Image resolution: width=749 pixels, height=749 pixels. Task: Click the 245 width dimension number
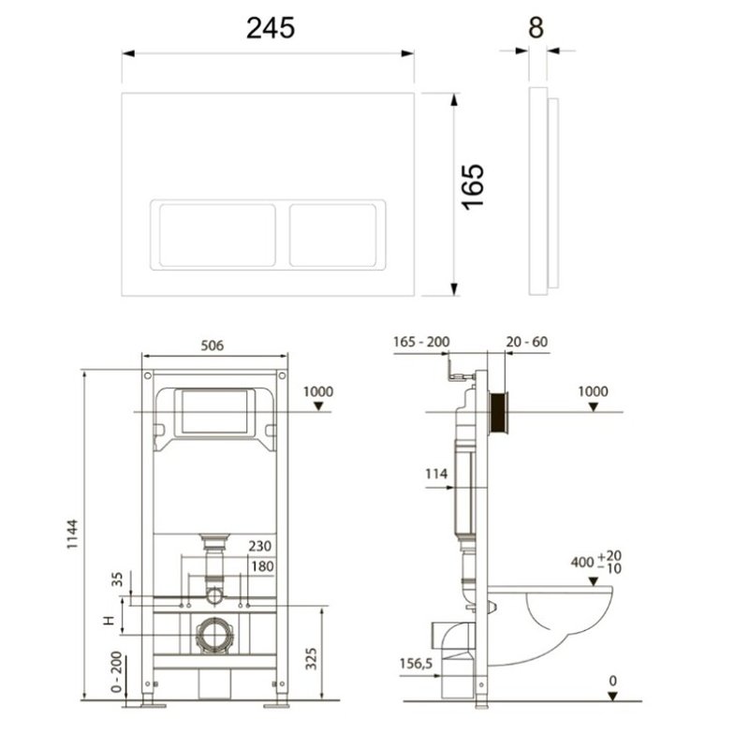[x=271, y=28]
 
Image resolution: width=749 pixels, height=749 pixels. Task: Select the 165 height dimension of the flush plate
[x=473, y=186]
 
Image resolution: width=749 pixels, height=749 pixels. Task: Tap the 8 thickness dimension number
[x=536, y=28]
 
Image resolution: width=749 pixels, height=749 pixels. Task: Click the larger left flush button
[x=217, y=235]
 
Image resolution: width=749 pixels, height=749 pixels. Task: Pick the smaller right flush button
[x=333, y=235]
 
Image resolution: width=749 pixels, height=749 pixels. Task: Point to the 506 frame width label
[x=213, y=345]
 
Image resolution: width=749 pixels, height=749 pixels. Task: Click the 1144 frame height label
[x=72, y=534]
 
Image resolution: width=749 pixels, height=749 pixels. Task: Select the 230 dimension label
[x=260, y=546]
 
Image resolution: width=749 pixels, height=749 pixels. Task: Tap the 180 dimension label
[x=262, y=566]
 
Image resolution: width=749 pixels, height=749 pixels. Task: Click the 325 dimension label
[x=311, y=659]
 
